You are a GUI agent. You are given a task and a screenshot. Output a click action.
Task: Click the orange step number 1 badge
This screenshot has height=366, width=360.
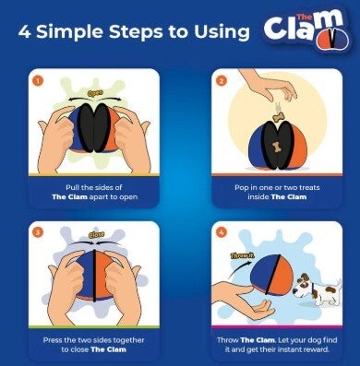(38, 81)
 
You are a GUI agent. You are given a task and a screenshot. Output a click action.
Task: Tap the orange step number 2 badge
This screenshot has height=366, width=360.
(222, 81)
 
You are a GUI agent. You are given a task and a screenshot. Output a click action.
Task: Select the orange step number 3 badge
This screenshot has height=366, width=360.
(38, 232)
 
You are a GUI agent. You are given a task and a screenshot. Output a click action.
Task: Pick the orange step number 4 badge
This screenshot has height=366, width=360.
(222, 232)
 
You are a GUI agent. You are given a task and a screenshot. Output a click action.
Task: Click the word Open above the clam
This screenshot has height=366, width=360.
(95, 93)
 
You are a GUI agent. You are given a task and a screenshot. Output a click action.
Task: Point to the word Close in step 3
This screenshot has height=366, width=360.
(97, 235)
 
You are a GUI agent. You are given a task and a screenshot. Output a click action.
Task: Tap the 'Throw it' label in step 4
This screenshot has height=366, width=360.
(242, 255)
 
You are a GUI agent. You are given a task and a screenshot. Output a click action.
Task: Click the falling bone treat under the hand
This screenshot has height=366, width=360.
(279, 117)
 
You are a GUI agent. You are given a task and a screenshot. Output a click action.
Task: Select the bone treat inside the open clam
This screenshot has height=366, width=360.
(277, 148)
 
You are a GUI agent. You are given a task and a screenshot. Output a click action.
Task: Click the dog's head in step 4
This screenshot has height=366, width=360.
(302, 285)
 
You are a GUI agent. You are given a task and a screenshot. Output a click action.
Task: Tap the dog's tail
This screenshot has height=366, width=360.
(339, 283)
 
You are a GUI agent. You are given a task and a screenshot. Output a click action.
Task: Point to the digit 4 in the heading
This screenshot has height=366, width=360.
(24, 32)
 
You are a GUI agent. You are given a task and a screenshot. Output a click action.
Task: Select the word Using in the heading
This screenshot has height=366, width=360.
(222, 32)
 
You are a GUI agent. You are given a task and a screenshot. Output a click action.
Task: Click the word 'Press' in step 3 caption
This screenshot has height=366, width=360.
(53, 340)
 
